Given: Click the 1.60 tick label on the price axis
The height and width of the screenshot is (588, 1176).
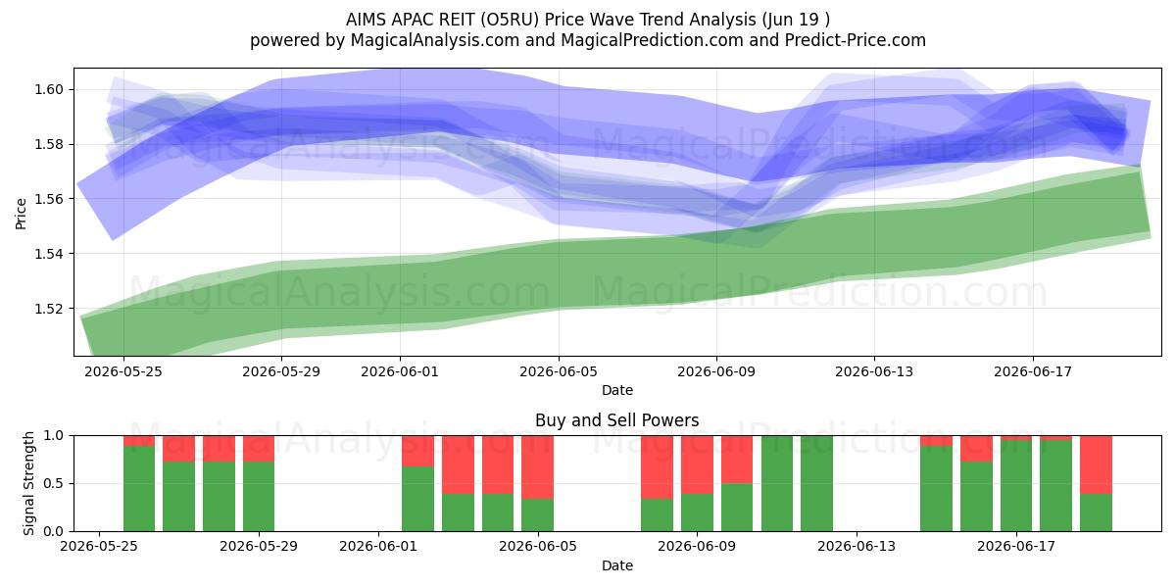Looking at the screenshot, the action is pyautogui.click(x=49, y=89).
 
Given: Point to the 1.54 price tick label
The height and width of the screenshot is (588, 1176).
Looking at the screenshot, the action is pyautogui.click(x=49, y=254).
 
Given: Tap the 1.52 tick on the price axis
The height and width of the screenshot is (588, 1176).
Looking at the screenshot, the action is pyautogui.click(x=49, y=309).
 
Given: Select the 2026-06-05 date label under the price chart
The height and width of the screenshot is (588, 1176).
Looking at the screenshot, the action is pyautogui.click(x=559, y=371).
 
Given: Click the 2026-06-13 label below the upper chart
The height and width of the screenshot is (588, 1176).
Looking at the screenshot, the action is pyautogui.click(x=874, y=371).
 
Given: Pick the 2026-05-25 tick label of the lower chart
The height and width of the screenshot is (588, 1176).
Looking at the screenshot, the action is pyautogui.click(x=99, y=546).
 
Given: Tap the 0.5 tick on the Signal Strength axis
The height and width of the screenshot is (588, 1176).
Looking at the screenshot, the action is pyautogui.click(x=53, y=483).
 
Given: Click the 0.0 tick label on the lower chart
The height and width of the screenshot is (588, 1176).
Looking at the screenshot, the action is pyautogui.click(x=53, y=531).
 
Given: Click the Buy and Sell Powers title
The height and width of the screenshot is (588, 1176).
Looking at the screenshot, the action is pyautogui.click(x=616, y=420).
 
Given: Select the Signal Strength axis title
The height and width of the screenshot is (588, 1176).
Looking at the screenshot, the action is pyautogui.click(x=28, y=483).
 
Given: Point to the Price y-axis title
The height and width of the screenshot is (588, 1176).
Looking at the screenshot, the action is pyautogui.click(x=21, y=214).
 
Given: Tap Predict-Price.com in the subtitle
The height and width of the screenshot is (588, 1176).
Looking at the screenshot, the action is pyautogui.click(x=856, y=40).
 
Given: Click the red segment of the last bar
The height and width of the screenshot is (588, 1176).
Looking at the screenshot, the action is pyautogui.click(x=1096, y=465).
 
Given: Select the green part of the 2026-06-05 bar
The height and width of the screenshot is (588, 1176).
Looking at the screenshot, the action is pyautogui.click(x=537, y=515).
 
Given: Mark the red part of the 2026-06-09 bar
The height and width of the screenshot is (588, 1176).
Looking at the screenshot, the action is pyautogui.click(x=697, y=465).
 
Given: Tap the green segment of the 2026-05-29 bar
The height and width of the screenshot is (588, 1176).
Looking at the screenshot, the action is pyautogui.click(x=259, y=497).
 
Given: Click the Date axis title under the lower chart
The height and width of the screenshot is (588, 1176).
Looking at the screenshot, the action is pyautogui.click(x=616, y=565).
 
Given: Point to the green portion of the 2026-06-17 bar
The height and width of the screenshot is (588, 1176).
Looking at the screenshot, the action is pyautogui.click(x=1016, y=486).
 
